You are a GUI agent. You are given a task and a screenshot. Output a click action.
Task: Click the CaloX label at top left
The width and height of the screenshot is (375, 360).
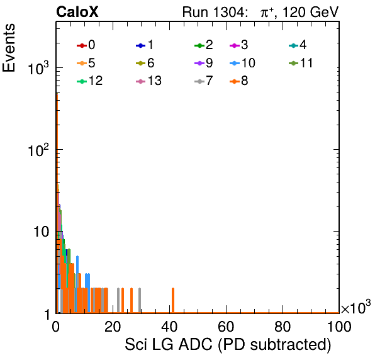coord(77,12)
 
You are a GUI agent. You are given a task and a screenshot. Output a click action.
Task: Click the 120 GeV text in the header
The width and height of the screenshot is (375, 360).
coord(310,12)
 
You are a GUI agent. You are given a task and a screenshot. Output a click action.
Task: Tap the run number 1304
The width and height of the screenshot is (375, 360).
coord(228,12)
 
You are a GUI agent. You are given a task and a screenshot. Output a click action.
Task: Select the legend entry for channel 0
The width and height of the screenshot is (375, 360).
coord(86,45)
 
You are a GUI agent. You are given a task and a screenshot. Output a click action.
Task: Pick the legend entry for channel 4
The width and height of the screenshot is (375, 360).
coord(298,45)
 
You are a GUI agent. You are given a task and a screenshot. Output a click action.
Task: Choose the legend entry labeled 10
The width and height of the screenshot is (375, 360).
coord(242,63)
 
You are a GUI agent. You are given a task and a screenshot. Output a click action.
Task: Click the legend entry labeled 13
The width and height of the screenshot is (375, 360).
coord(148,81)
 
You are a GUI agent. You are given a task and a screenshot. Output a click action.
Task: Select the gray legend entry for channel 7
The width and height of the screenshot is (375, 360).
coord(203,81)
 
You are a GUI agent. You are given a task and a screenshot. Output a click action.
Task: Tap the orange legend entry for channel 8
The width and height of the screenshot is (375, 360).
coord(238,81)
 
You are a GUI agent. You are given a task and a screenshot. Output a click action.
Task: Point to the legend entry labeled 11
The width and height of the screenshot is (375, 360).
coord(301,63)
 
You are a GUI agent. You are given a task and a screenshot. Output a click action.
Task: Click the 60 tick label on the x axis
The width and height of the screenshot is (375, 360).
coord(226,327)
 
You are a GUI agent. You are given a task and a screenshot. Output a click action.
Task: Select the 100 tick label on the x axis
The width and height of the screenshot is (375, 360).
coord(339,327)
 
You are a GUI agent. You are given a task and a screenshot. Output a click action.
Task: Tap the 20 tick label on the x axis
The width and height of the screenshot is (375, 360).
coord(113,327)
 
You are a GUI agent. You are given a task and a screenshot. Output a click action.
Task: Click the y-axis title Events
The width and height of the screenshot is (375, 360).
coord(9,48)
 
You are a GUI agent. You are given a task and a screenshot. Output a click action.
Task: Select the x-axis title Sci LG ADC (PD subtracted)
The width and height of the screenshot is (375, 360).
coord(228,345)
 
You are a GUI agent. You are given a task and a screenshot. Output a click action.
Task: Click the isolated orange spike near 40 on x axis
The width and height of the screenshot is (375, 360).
coord(173,300)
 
